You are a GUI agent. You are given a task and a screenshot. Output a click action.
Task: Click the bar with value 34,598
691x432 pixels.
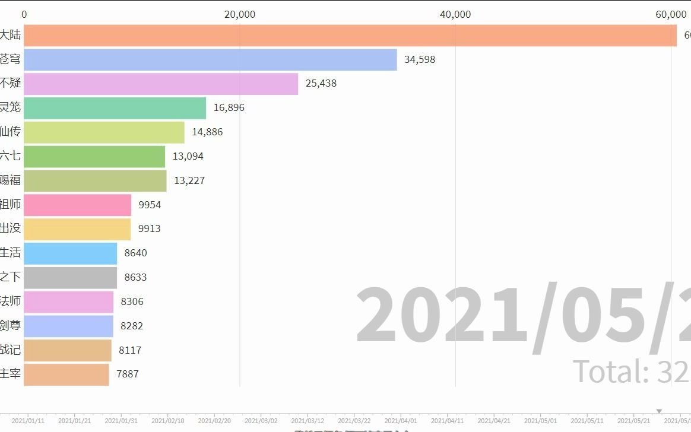tap(210, 59)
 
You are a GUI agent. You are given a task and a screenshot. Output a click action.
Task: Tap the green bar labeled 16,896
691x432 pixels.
tap(115, 108)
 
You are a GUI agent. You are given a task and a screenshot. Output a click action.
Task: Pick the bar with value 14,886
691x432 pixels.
tap(104, 132)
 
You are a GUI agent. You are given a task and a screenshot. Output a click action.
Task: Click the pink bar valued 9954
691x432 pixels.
tap(77, 205)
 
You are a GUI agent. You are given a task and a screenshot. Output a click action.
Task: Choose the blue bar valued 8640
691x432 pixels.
tap(70, 253)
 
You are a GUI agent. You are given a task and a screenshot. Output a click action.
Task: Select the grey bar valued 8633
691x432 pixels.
tap(70, 278)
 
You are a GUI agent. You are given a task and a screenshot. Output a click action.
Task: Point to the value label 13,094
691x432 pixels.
tap(188, 157)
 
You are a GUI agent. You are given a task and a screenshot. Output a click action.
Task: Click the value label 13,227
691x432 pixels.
tap(189, 180)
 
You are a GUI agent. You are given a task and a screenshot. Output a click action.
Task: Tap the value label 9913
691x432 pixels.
tap(150, 229)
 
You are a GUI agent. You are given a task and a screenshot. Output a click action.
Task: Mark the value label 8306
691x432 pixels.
tap(132, 301)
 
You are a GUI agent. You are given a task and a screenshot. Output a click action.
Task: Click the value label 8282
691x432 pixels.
tap(132, 326)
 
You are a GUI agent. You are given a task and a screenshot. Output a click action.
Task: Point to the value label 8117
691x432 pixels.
tap(130, 350)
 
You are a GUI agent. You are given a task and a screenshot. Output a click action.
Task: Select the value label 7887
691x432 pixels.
tap(128, 374)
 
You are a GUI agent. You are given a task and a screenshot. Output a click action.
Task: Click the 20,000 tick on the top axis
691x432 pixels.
tap(240, 14)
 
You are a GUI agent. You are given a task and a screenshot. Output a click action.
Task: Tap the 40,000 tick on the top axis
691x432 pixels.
tap(455, 14)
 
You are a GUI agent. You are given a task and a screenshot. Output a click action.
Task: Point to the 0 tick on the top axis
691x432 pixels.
tap(24, 14)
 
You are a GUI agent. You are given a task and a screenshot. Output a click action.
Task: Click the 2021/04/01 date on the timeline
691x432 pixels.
tap(401, 421)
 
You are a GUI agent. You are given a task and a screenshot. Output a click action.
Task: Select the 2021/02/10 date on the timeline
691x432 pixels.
tap(167, 421)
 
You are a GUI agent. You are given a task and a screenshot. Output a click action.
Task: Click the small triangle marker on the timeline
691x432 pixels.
tap(659, 411)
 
